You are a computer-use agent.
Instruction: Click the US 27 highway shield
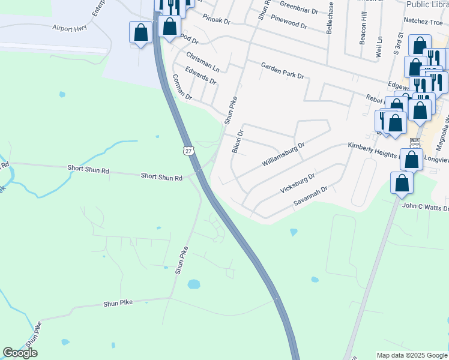point(188,150)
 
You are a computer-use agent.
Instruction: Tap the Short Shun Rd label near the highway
point(161,176)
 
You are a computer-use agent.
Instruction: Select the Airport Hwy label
point(70,28)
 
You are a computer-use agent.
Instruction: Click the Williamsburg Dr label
point(283,154)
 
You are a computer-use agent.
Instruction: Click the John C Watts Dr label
point(425,206)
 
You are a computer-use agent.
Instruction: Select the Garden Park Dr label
point(282,70)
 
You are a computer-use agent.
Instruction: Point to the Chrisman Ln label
point(202,59)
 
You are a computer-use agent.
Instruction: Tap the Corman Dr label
point(181,88)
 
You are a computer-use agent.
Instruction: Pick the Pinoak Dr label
point(216,20)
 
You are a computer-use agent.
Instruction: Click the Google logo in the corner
point(20,353)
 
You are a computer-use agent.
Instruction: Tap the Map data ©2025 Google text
point(411,355)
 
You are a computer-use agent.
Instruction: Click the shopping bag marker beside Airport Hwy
point(140,32)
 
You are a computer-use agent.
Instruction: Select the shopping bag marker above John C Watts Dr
point(402,182)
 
